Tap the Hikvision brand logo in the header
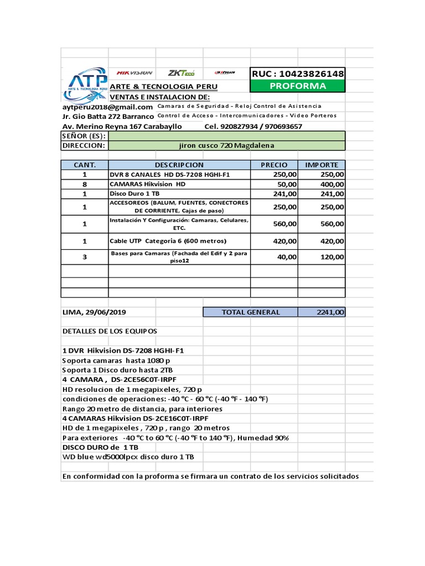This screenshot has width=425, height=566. pyautogui.click(x=134, y=73)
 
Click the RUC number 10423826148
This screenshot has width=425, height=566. pyautogui.click(x=298, y=74)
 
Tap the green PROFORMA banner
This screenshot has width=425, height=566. pyautogui.click(x=298, y=86)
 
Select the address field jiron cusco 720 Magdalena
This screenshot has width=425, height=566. pyautogui.click(x=227, y=145)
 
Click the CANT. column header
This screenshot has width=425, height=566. pyautogui.click(x=85, y=165)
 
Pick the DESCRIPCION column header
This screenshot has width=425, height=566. pyautogui.click(x=179, y=165)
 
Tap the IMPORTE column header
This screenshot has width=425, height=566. pyautogui.click(x=322, y=165)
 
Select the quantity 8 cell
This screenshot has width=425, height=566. pyautogui.click(x=85, y=184)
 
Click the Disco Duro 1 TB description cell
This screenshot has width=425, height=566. pyautogui.click(x=134, y=193)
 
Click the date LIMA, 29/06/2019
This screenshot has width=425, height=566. pyautogui.click(x=94, y=312)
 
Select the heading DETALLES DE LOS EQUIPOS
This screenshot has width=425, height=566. pyautogui.click(x=110, y=331)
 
